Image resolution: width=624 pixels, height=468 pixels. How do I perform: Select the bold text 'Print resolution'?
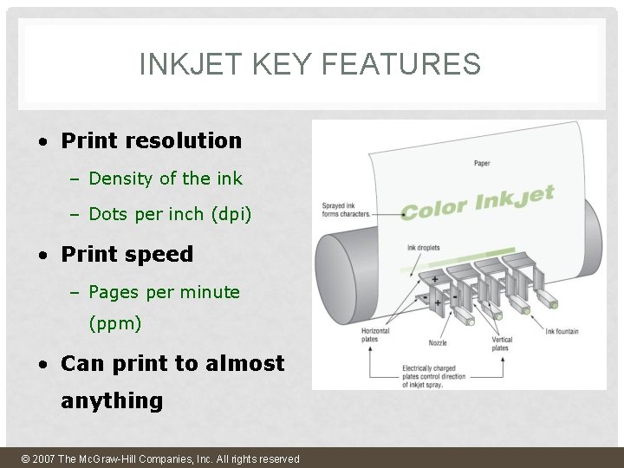[x=152, y=140]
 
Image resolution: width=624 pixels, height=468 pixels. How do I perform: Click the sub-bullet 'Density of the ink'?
[x=166, y=179]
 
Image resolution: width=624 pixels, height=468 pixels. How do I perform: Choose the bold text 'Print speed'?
[x=127, y=254]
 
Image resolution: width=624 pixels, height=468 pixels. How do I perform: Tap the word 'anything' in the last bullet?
[x=112, y=400]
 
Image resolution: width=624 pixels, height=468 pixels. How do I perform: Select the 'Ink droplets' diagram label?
[x=424, y=248]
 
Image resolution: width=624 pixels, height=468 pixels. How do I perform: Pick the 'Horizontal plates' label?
[x=374, y=335]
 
